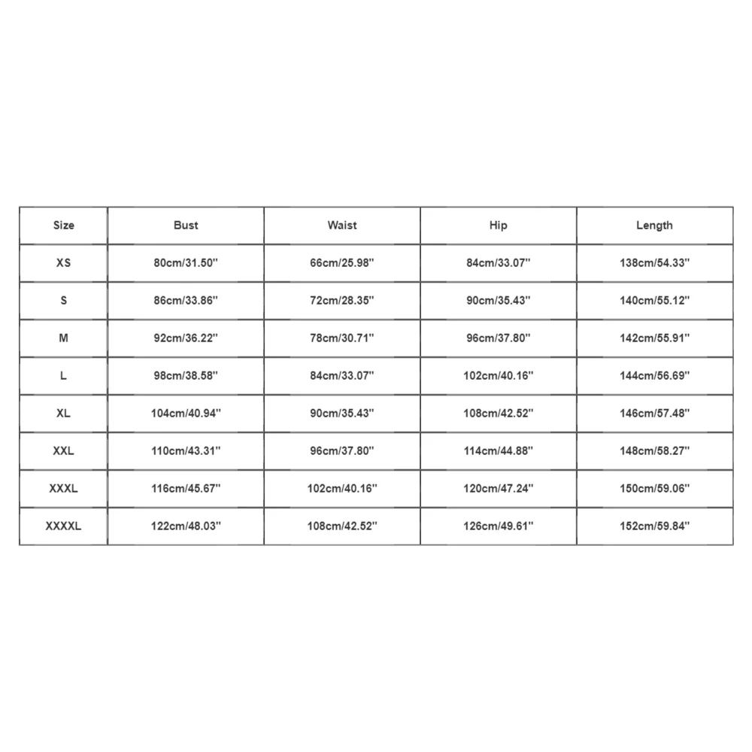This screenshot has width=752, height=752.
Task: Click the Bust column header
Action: (x=186, y=226)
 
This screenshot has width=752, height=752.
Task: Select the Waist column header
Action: (x=342, y=226)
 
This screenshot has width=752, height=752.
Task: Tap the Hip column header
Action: (x=498, y=226)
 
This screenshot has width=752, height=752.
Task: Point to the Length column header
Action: (x=654, y=226)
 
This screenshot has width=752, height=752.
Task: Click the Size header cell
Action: (x=64, y=226)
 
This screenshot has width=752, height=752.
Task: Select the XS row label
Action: (x=64, y=263)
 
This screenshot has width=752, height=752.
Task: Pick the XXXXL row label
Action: (x=64, y=526)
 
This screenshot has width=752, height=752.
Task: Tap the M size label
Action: (x=64, y=338)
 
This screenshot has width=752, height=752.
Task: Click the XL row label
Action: (x=64, y=414)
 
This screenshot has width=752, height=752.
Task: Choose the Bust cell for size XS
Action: (x=186, y=263)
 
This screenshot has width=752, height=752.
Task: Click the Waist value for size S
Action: (x=342, y=301)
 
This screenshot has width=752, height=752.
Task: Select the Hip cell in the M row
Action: (x=498, y=338)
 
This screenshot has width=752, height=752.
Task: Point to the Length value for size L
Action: (x=654, y=376)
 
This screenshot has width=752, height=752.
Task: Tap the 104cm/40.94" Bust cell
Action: (x=186, y=414)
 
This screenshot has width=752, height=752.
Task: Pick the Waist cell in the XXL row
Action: (x=342, y=451)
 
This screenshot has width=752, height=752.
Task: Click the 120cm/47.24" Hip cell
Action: (x=498, y=489)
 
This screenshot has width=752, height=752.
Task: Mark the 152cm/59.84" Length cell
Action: (x=654, y=526)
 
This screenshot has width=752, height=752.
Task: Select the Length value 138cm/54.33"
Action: (x=654, y=263)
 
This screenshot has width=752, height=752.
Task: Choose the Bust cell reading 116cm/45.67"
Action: (x=186, y=489)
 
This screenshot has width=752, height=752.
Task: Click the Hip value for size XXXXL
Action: (x=498, y=526)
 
